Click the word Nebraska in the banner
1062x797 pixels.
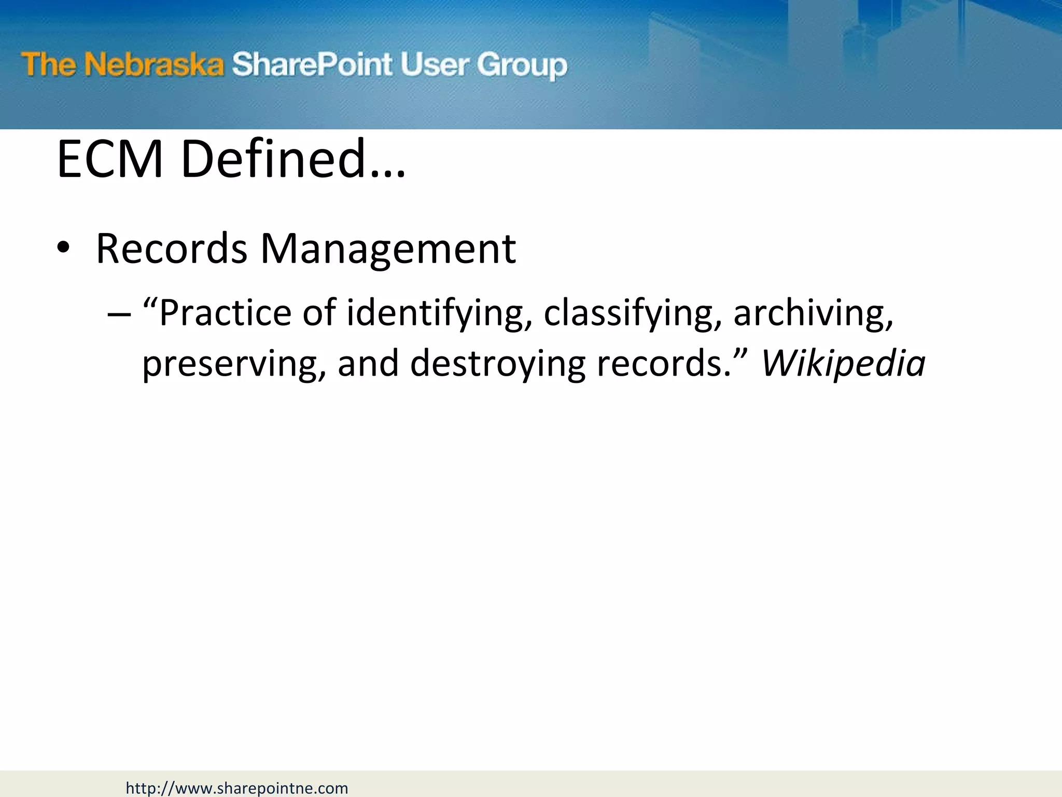coord(153,65)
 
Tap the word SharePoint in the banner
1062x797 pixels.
coord(312,65)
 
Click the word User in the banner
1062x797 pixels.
coord(435,65)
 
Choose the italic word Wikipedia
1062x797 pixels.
coord(843,363)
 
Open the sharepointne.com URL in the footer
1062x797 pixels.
coord(237,788)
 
